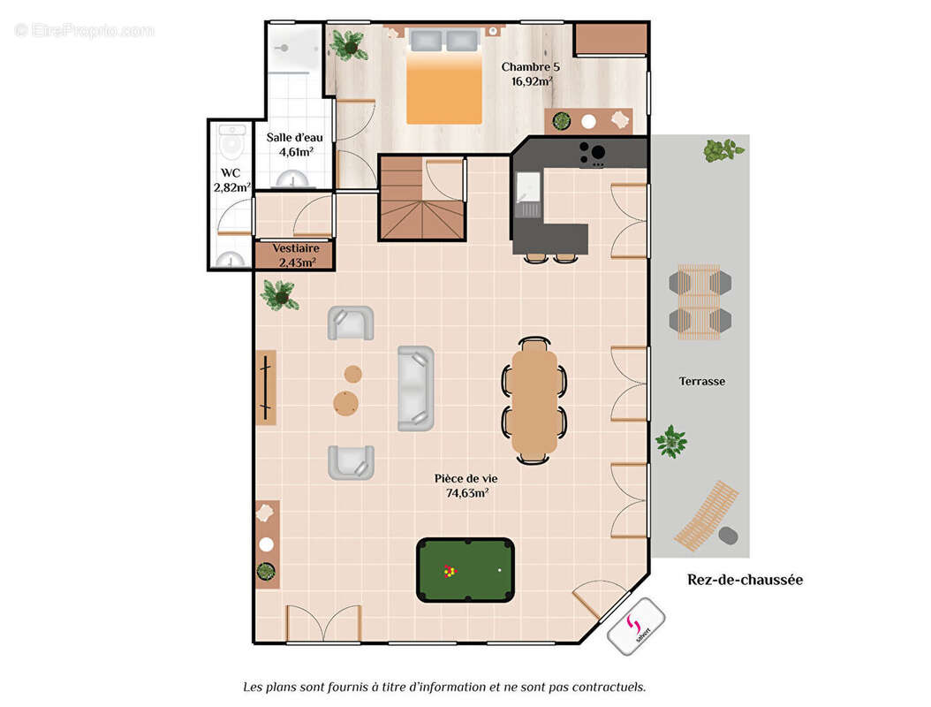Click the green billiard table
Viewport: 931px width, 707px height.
coord(465,570)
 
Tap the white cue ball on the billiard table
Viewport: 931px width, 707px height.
coord(499,570)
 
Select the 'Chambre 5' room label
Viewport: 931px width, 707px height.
coord(530,67)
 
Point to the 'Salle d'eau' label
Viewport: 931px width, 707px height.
coord(294,137)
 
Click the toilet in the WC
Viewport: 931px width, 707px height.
coord(231,142)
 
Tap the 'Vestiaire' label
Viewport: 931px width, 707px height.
coord(296,248)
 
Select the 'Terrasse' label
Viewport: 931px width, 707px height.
coord(702,382)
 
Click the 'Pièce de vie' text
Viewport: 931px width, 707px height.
coord(466,478)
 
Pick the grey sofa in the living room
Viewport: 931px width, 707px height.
coord(416,389)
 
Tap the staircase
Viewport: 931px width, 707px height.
coord(421,199)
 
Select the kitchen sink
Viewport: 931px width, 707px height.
coord(528,186)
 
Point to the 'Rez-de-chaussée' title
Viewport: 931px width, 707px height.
coord(746,580)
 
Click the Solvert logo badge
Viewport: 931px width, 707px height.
coord(636,627)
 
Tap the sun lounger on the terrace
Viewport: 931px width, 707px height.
coord(707,516)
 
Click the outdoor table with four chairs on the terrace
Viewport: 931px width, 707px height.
coord(700,302)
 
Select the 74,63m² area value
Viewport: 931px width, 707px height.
coord(467,493)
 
